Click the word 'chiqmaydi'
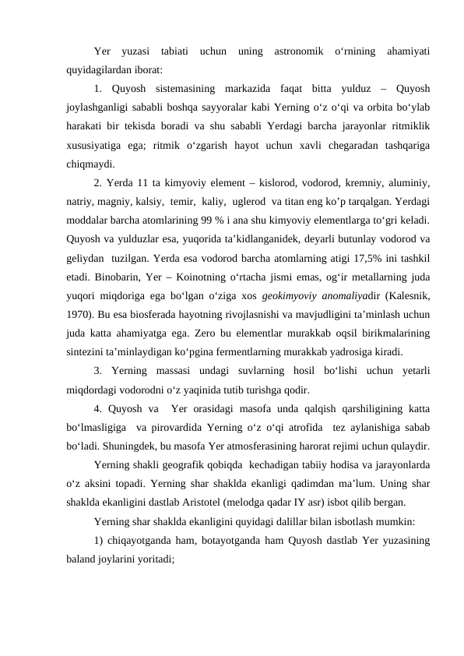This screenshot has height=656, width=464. click(x=90, y=164)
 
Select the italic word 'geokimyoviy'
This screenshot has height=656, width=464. click(x=294, y=294)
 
